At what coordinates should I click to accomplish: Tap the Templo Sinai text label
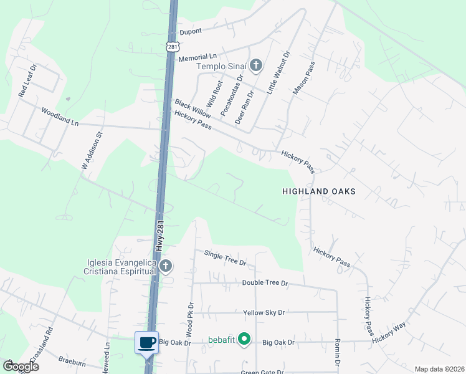click(222, 67)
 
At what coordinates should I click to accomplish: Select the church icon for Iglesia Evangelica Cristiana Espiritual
click(165, 267)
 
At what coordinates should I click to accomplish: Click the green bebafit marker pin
click(245, 340)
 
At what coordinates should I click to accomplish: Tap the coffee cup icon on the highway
click(147, 343)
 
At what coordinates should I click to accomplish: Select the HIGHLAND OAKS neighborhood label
click(318, 192)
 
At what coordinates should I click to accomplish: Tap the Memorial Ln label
click(197, 57)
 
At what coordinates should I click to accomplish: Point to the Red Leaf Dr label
click(28, 80)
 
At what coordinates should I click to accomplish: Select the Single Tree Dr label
click(225, 257)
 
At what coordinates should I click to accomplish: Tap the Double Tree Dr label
click(265, 283)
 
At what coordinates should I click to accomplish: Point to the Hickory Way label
click(389, 333)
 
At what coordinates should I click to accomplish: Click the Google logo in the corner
click(20, 367)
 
